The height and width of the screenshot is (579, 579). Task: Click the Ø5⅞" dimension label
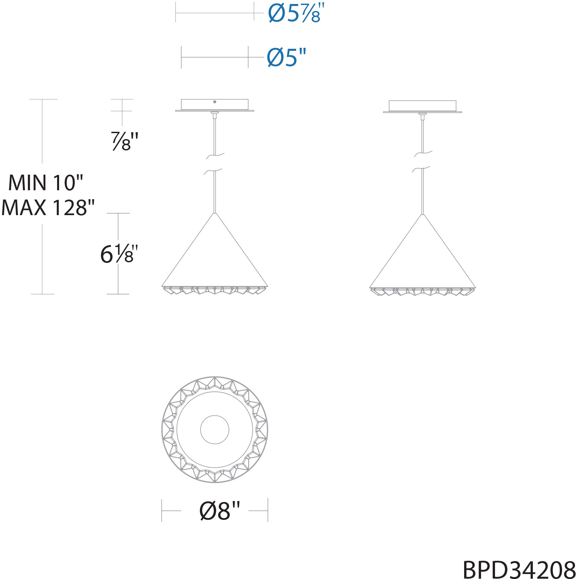[296, 14]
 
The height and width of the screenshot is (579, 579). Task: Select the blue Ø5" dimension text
[286, 57]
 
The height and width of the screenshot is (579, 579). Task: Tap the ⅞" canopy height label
[124, 141]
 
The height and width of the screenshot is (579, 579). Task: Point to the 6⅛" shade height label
[119, 254]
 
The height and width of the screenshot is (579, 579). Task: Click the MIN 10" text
[45, 183]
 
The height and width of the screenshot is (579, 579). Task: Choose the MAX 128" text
[48, 208]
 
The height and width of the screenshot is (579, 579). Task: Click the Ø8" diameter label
[219, 511]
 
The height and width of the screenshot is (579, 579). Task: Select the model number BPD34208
[519, 570]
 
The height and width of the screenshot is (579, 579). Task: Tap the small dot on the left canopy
[215, 102]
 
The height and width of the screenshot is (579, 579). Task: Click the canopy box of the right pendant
[422, 106]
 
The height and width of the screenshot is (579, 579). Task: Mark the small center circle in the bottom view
[215, 430]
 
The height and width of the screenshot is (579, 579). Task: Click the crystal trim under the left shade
[215, 290]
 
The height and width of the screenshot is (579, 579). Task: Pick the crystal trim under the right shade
[422, 292]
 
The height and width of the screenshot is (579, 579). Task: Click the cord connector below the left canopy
[215, 115]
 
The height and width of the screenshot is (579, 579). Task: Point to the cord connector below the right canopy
[422, 116]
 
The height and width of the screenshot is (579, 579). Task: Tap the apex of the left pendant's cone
[215, 213]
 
